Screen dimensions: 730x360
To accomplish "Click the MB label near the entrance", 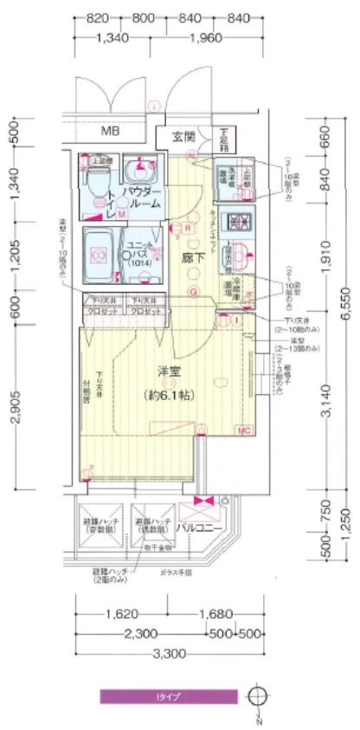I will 110,132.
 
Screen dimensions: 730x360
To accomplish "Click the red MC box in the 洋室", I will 244,430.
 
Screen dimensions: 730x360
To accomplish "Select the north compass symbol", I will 257,697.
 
